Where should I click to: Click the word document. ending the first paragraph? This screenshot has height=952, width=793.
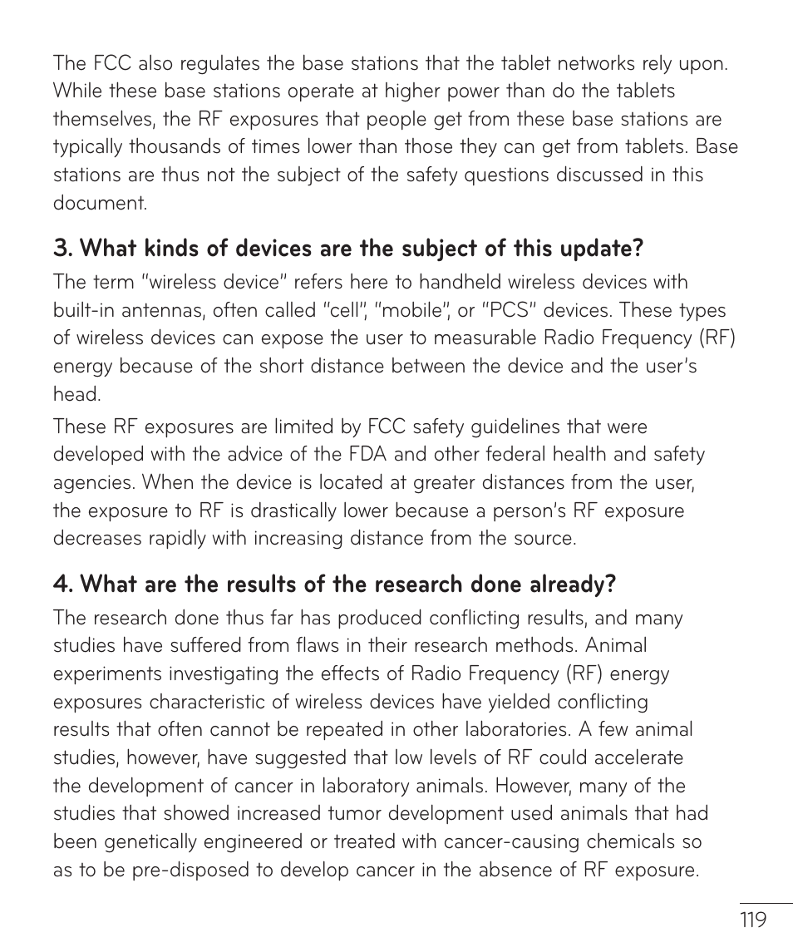100,203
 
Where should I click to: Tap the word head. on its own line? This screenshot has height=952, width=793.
76,394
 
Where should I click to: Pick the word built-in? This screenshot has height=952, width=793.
84,310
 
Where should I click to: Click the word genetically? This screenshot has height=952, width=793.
155,841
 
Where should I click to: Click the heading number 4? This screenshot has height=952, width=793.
63,585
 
